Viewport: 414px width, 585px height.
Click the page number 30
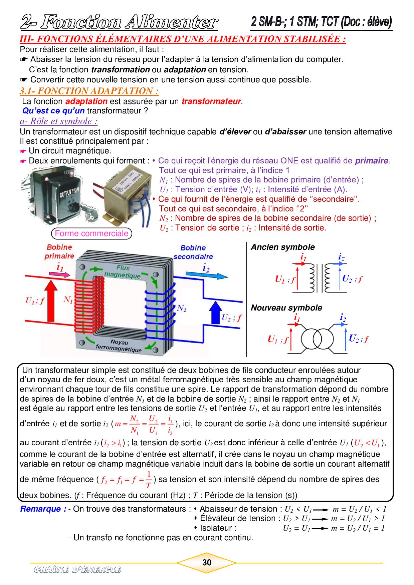pos(207,562)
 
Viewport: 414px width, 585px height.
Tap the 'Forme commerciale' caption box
pos(91,233)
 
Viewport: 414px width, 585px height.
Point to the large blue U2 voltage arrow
pos(214,313)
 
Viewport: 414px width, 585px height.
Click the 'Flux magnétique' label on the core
pos(123,271)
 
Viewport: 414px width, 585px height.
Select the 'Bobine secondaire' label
pos(193,252)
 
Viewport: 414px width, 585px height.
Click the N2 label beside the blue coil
pos(181,308)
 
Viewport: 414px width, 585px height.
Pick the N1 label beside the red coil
pos(68,300)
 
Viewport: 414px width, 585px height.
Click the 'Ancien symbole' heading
pos(283,247)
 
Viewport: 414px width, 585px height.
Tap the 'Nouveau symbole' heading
pos(286,308)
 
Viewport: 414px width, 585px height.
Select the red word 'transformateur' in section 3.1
pos(211,101)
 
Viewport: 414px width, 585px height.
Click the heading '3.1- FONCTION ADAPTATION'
pos(89,91)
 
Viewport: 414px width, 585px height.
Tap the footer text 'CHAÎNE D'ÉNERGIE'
pos(77,569)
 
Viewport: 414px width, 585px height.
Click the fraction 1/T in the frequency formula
pos(149,479)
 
